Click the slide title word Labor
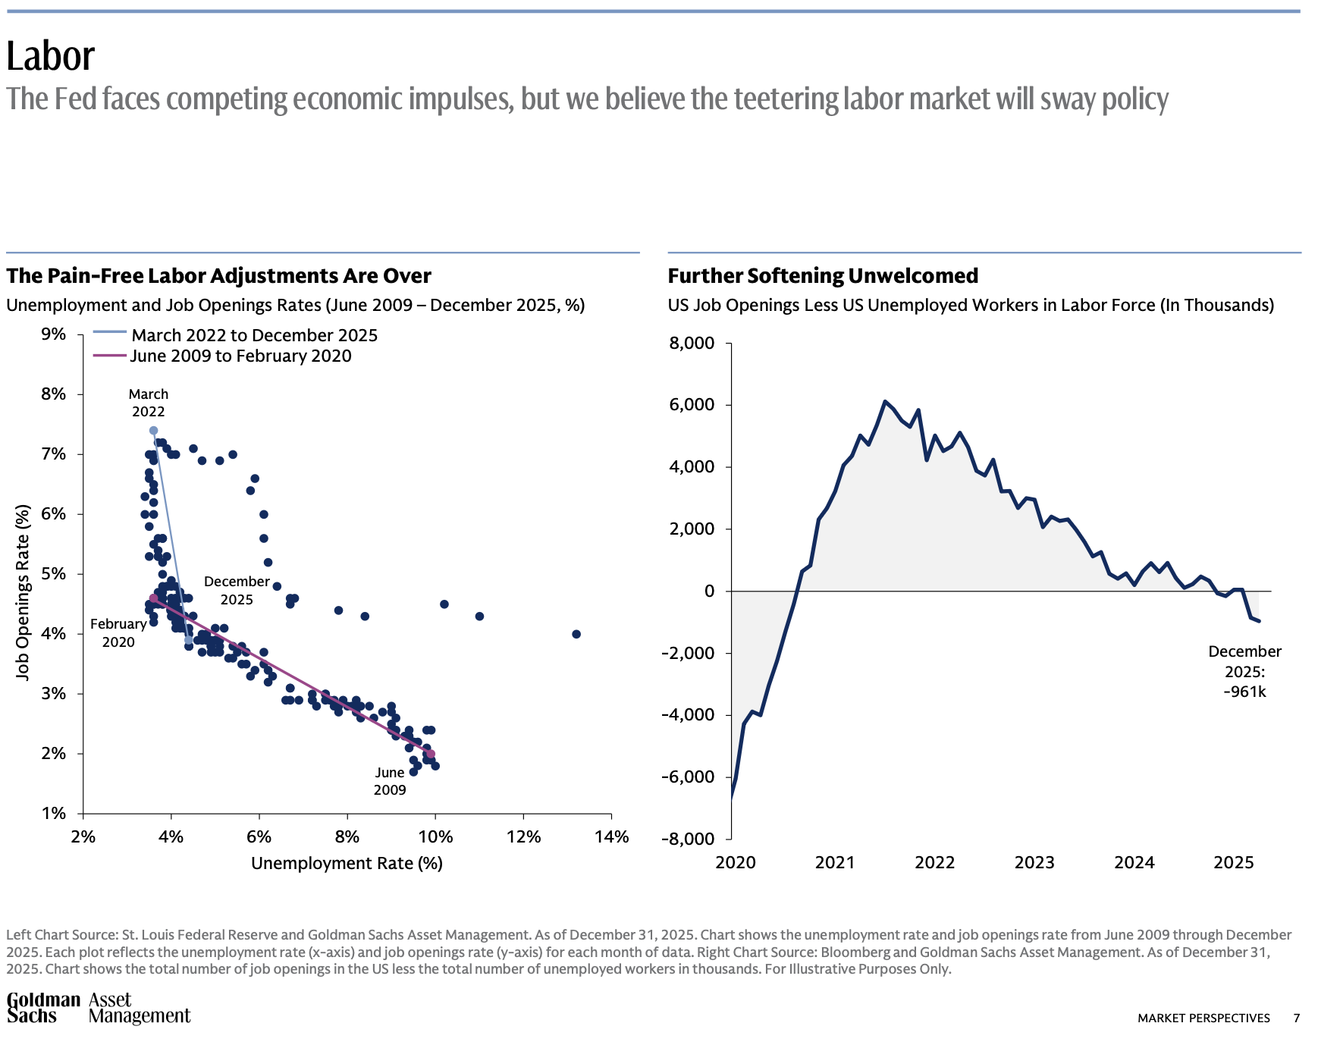click(x=51, y=56)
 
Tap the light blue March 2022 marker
click(x=153, y=431)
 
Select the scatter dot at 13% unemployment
click(x=576, y=634)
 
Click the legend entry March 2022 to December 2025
click(x=254, y=335)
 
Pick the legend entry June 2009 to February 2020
click(x=240, y=356)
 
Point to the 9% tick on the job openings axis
click(x=53, y=334)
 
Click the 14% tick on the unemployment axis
click(x=611, y=836)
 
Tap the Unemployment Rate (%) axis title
click(x=347, y=863)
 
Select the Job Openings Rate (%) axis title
click(x=23, y=592)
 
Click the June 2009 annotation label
click(x=390, y=781)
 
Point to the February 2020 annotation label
click(x=118, y=632)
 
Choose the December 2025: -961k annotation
click(x=1244, y=671)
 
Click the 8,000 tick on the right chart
click(x=692, y=344)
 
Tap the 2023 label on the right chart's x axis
click(x=1034, y=862)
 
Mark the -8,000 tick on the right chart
click(x=688, y=839)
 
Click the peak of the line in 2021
click(x=885, y=401)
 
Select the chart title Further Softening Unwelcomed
click(x=823, y=275)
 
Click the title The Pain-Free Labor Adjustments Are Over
click(x=218, y=275)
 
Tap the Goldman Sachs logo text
click(x=43, y=1008)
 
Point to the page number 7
click(x=1297, y=1018)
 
